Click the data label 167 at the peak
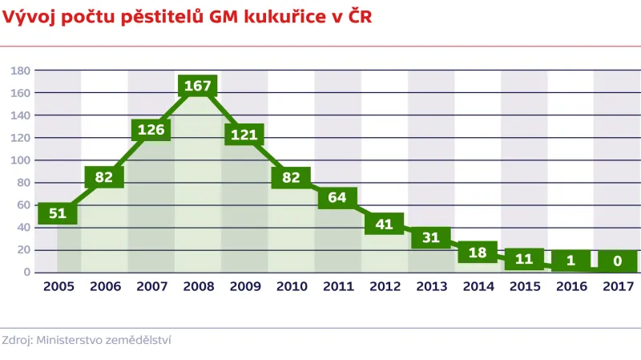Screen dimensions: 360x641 197,85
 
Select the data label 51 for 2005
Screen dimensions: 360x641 57,213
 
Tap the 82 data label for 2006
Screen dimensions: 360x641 104,177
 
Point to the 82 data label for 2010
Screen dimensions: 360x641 291,177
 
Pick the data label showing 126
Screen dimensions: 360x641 151,129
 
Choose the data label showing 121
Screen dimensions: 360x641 244,135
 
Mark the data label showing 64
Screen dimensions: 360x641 337,198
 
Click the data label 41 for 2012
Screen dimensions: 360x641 384,224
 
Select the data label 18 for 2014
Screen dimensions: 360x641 478,252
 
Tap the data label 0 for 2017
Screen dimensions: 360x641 617,261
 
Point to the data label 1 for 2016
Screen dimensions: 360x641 570,261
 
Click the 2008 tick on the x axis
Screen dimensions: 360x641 197,285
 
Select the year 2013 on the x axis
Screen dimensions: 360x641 431,285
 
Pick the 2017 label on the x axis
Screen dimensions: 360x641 618,285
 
